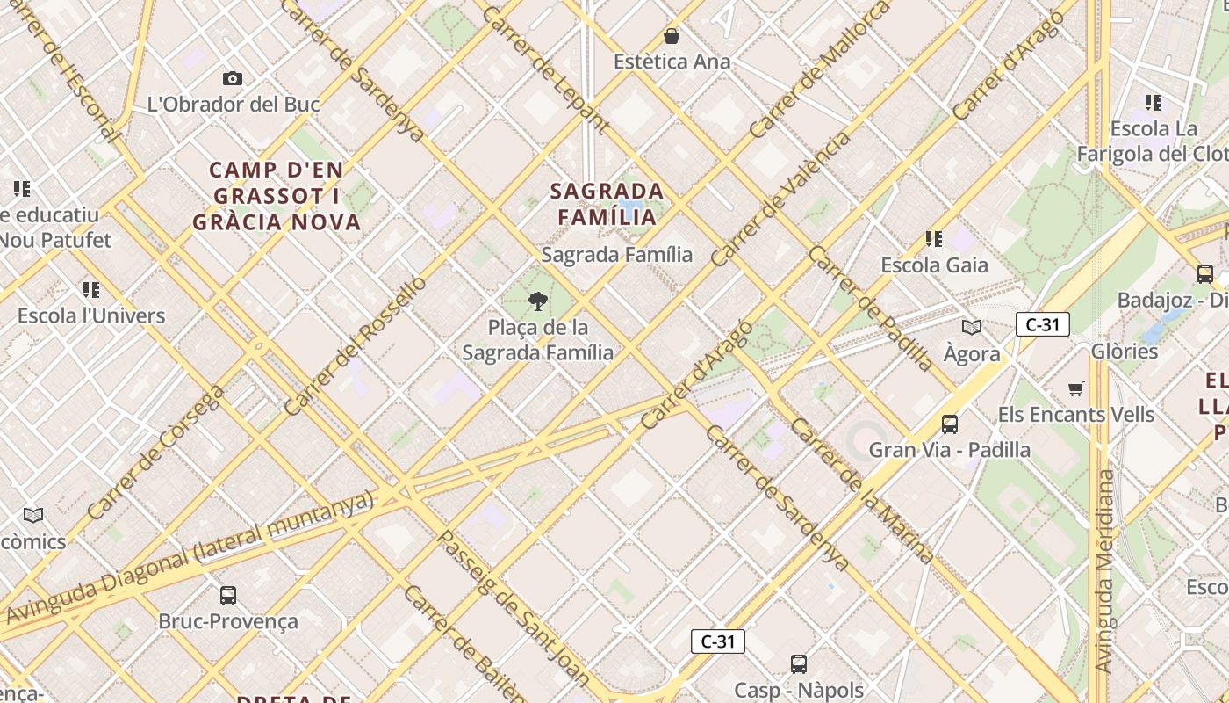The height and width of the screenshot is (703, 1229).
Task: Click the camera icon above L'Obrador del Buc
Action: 233,79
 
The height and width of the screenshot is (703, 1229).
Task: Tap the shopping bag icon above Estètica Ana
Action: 672,36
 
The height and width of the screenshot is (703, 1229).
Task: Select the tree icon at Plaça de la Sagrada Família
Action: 537,302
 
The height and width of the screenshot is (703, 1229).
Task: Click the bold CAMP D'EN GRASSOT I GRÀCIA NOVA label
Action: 277,196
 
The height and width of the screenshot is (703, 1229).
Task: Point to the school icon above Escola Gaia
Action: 934,238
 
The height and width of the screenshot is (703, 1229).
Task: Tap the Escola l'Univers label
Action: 91,315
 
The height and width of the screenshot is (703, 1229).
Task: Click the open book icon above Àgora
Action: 971,328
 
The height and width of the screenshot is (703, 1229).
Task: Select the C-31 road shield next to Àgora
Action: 1042,324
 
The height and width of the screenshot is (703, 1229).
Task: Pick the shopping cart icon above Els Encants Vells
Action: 1076,388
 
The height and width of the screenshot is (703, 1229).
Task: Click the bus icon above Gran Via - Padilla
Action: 949,424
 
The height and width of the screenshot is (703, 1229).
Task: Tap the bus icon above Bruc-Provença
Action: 227,596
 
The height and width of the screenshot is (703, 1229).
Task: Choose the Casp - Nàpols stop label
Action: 799,690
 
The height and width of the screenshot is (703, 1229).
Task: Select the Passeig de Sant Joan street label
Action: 514,606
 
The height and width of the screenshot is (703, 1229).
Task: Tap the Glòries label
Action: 1125,351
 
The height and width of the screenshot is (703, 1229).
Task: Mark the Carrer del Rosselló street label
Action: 356,345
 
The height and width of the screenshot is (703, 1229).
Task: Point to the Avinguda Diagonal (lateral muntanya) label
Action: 190,558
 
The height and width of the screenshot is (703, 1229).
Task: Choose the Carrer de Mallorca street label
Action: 819,70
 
